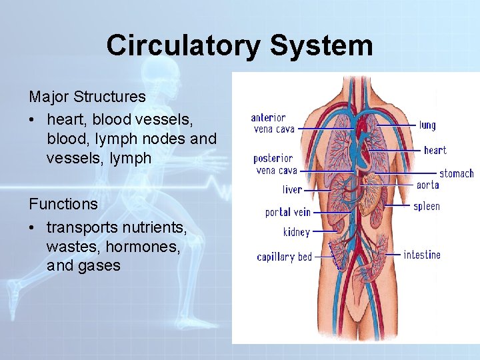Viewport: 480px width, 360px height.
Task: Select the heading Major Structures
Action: (x=87, y=96)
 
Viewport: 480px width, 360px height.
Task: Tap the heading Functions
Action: (x=63, y=203)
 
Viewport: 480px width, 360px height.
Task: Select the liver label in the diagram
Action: (x=292, y=190)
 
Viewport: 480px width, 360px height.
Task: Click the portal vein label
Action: (x=288, y=212)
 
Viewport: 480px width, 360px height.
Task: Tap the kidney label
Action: (x=296, y=232)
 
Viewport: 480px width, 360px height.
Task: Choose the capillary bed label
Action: (x=285, y=257)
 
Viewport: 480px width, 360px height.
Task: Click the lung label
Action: (x=427, y=125)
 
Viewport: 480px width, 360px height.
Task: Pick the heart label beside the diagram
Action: (x=435, y=150)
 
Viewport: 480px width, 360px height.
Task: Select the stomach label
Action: (x=456, y=173)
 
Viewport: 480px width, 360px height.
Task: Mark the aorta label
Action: (x=427, y=185)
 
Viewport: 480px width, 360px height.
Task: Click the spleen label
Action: (x=427, y=207)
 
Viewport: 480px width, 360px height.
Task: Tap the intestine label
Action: (x=421, y=255)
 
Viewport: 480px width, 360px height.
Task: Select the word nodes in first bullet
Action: (x=166, y=139)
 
